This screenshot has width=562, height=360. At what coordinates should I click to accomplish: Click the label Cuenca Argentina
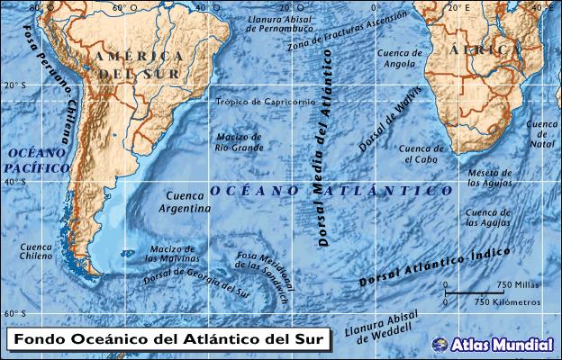[184, 202]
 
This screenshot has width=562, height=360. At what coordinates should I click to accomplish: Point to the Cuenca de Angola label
[401, 58]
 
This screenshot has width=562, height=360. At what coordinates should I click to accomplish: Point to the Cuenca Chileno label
[37, 250]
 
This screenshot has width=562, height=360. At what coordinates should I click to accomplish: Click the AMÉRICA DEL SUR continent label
[139, 64]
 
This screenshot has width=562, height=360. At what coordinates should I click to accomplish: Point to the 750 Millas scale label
[517, 285]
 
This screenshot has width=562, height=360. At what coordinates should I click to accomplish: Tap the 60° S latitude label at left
[14, 314]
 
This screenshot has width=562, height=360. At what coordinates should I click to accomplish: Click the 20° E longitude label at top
[460, 7]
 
